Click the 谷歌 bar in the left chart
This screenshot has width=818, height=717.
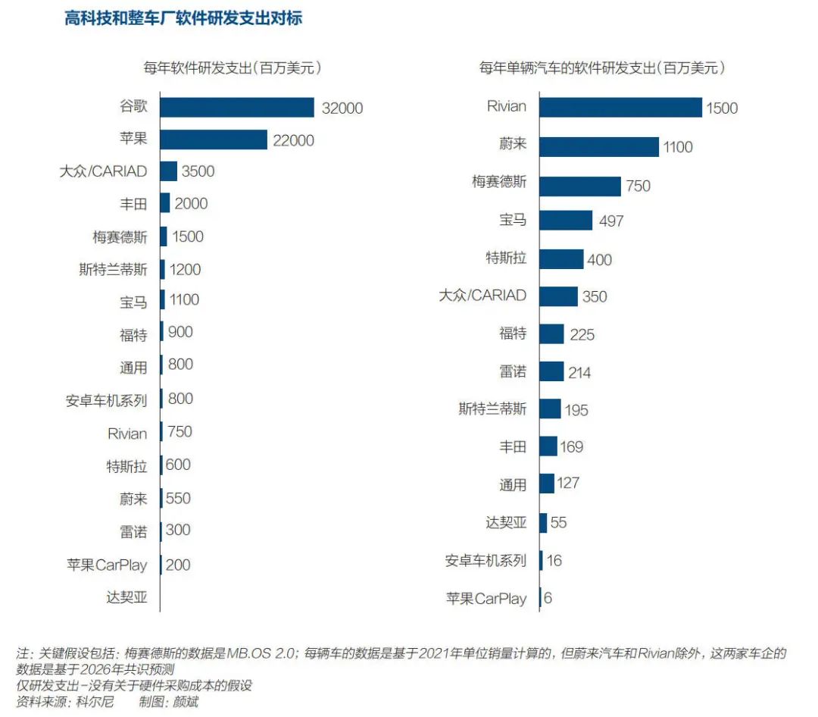click(x=236, y=108)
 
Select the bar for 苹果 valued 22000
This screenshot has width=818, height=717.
click(x=214, y=139)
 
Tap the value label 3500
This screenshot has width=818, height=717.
click(x=198, y=171)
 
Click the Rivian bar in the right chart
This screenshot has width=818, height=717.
click(x=620, y=108)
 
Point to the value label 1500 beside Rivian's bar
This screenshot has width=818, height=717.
click(x=721, y=108)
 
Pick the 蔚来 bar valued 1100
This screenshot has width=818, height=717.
click(x=599, y=147)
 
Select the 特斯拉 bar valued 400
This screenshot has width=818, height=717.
click(x=561, y=259)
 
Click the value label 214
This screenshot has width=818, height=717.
click(x=579, y=373)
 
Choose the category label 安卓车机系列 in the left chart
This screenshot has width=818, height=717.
click(x=107, y=400)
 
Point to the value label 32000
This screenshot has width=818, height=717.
click(x=342, y=108)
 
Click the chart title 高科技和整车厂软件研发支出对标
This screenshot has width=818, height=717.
click(x=183, y=18)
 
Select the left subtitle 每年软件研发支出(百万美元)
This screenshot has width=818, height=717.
click(x=233, y=68)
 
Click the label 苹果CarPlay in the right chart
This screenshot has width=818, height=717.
click(x=485, y=599)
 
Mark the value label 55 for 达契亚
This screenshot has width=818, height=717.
click(x=559, y=523)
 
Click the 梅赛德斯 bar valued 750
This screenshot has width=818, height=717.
click(x=580, y=186)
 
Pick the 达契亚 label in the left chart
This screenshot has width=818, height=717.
click(x=126, y=597)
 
